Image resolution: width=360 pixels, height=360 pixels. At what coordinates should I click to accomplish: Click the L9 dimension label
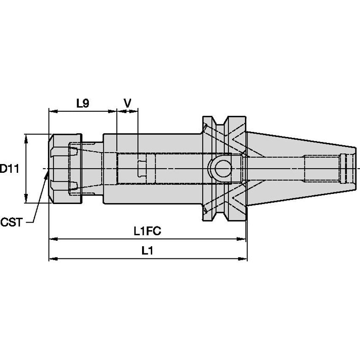click(x=83, y=103)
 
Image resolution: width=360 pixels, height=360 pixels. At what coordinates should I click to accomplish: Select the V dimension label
click(x=127, y=103)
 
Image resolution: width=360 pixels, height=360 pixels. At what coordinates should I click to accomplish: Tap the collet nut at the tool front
click(x=64, y=169)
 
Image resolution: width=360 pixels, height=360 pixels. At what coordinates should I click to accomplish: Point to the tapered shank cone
click(x=295, y=168)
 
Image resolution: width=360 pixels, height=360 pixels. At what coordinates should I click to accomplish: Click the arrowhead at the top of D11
click(x=27, y=137)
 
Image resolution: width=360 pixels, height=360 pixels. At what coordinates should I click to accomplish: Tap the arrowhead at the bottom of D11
click(x=27, y=200)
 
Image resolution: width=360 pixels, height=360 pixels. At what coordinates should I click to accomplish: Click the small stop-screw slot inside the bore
click(x=142, y=168)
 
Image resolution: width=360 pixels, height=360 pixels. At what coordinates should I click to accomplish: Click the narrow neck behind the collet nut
click(x=91, y=169)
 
